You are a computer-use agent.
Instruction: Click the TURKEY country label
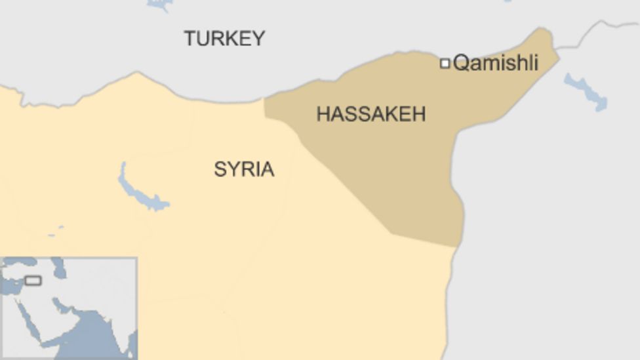(224, 38)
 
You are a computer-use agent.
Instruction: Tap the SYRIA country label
(244, 169)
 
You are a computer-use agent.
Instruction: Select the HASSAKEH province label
(370, 114)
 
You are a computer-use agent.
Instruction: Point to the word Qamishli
(496, 63)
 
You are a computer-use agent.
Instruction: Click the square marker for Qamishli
(445, 63)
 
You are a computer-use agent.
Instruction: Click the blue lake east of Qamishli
(586, 92)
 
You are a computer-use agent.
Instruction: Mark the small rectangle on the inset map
(33, 281)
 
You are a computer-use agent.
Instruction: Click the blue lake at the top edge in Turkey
(159, 4)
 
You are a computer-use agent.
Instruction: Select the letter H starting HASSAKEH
(323, 114)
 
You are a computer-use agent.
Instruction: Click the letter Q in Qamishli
(460, 64)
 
